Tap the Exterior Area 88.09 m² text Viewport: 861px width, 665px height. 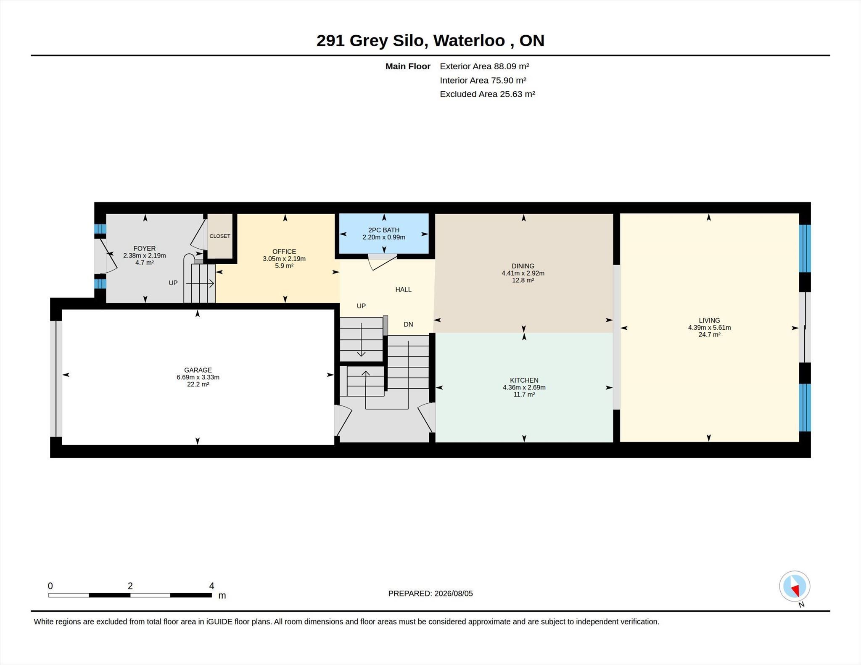click(x=484, y=66)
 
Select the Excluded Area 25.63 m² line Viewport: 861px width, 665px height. click(x=487, y=94)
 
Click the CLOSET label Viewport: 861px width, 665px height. click(x=220, y=236)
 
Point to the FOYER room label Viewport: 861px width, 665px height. click(x=145, y=248)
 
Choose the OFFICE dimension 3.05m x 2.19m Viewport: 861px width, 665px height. click(x=284, y=259)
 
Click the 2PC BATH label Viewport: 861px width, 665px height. click(x=384, y=230)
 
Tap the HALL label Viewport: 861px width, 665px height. click(x=403, y=289)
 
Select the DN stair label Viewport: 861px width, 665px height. click(x=408, y=324)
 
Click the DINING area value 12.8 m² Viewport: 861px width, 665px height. click(x=523, y=280)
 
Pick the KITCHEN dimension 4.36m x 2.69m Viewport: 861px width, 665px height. click(x=524, y=387)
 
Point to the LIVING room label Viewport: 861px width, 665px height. click(x=710, y=321)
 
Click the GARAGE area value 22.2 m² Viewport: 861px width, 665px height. click(x=198, y=384)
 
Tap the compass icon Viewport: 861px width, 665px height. click(x=795, y=586)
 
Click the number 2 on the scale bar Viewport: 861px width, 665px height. click(x=130, y=586)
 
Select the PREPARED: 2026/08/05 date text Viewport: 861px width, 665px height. click(x=430, y=594)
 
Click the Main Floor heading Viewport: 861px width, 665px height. click(x=408, y=66)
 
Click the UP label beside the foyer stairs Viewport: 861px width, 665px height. click(x=173, y=283)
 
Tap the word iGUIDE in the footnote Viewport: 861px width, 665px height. click(x=219, y=622)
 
